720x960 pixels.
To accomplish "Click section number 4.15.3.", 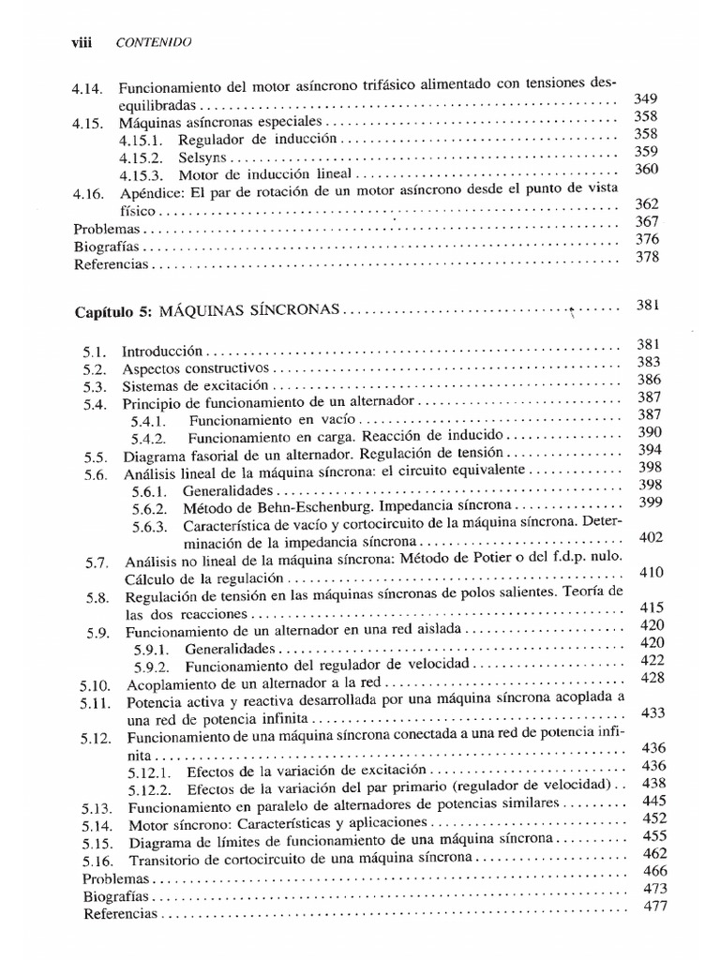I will tap(141, 174).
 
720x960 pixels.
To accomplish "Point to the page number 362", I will tap(648, 203).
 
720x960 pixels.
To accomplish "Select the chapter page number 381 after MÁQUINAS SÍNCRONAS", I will tap(649, 305).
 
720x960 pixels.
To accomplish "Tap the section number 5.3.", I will tap(94, 386).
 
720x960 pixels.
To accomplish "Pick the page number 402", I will tap(650, 537).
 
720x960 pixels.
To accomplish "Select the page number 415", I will tap(651, 607).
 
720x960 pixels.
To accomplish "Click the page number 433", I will tap(652, 712).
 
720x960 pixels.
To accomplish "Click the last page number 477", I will tap(653, 906).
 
